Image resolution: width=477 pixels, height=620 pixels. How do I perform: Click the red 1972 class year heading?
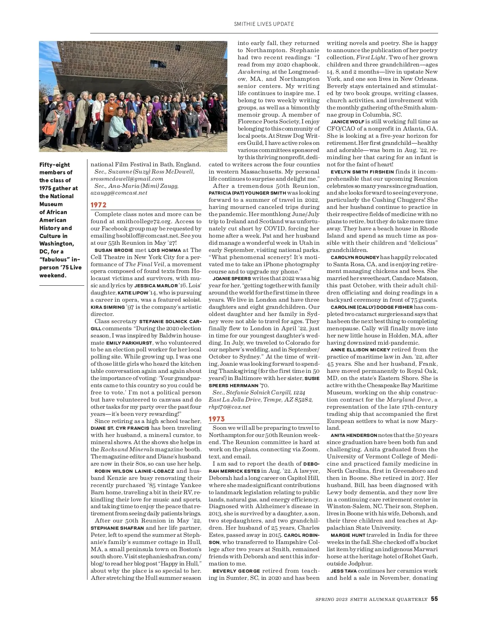point(99,205)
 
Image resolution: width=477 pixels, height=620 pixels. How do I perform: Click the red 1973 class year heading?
point(217,419)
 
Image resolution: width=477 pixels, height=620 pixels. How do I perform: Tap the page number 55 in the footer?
point(434,599)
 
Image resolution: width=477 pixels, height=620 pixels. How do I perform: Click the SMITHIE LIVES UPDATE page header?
point(264,24)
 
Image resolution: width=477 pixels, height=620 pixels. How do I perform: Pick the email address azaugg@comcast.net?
point(119,193)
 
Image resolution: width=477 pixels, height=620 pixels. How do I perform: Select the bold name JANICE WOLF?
point(347,122)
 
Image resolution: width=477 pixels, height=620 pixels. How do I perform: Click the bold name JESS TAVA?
point(343,571)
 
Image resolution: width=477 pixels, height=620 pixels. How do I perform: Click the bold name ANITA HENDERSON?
point(353,435)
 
